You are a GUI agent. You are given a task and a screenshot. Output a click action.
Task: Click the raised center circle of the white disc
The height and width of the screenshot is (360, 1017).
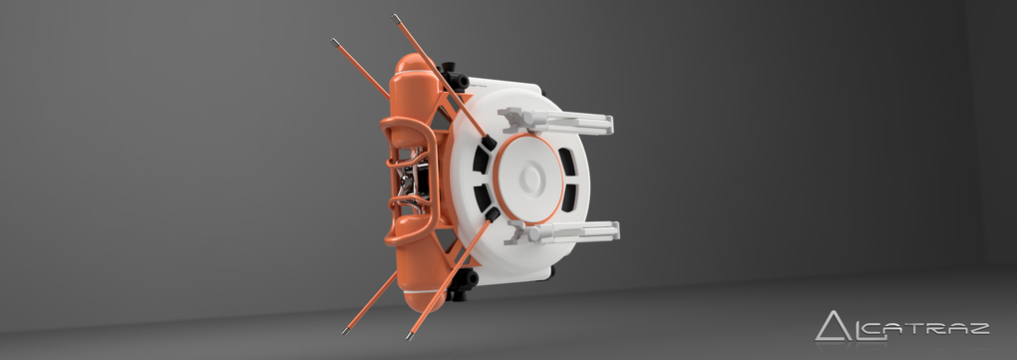[x=530, y=176]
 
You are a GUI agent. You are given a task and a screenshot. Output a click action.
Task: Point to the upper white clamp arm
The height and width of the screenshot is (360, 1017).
[x=555, y=121]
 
